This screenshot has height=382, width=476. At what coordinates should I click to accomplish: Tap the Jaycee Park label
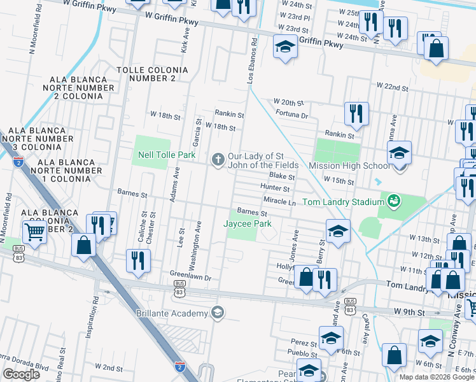247,223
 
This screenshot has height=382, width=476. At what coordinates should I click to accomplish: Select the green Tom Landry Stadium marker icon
394,201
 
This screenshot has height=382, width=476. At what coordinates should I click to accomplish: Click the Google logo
21,374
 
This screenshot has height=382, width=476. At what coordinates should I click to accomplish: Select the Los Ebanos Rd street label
253,64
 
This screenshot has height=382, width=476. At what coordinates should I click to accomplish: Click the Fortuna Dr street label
292,116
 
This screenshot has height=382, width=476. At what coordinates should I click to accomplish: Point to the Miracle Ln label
280,202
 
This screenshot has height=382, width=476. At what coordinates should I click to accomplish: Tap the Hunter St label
275,188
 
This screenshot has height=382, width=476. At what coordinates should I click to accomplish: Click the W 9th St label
409,312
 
